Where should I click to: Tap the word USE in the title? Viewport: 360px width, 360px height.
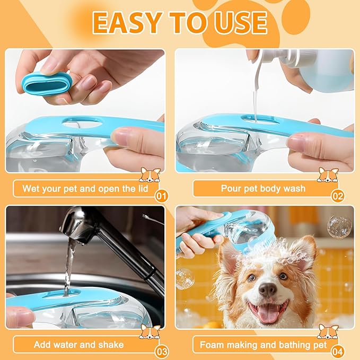240,22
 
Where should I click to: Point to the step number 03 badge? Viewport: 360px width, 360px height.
162,351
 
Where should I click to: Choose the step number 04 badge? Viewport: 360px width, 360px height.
338,351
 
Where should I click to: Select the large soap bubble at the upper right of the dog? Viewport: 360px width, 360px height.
339,226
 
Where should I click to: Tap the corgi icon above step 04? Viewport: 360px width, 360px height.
328,331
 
